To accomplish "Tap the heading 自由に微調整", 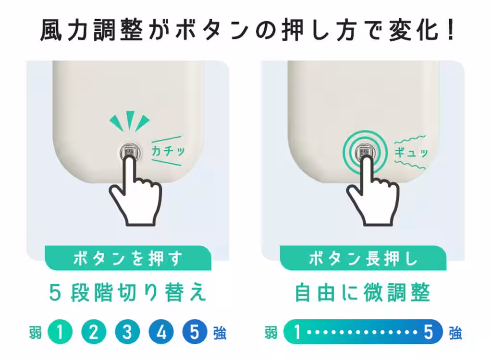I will (363, 292).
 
